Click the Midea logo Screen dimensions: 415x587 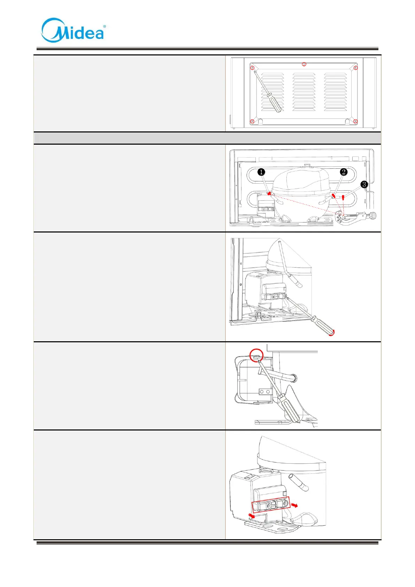pyautogui.click(x=72, y=31)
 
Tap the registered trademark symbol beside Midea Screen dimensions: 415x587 pyautogui.click(x=104, y=26)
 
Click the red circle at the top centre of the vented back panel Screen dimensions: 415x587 pyautogui.click(x=304, y=64)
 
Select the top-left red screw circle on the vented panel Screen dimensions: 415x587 pyautogui.click(x=253, y=68)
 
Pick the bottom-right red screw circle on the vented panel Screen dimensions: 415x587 pyautogui.click(x=355, y=121)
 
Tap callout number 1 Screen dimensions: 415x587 pyautogui.click(x=261, y=172)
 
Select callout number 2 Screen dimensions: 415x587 pyautogui.click(x=344, y=172)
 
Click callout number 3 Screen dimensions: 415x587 pyautogui.click(x=364, y=184)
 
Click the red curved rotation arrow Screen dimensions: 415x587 pyautogui.click(x=332, y=333)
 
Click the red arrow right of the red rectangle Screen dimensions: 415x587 pyautogui.click(x=295, y=505)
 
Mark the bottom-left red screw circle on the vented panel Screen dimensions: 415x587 pyautogui.click(x=252, y=121)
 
